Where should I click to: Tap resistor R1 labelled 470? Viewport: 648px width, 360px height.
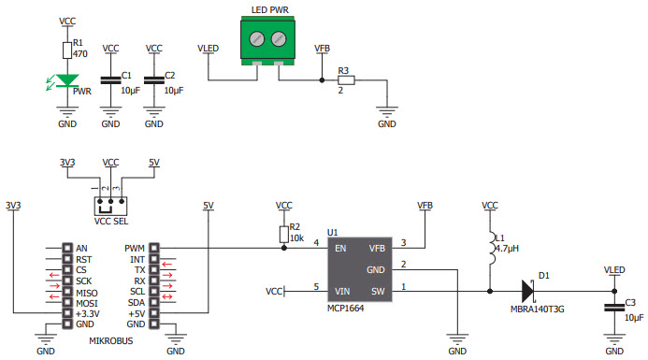point(67,50)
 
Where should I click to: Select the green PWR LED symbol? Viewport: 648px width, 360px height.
point(67,82)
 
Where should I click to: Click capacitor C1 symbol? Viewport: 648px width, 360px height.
point(110,79)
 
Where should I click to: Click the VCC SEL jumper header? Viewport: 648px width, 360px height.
point(110,201)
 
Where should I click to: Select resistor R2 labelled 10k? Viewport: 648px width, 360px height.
point(284,233)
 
